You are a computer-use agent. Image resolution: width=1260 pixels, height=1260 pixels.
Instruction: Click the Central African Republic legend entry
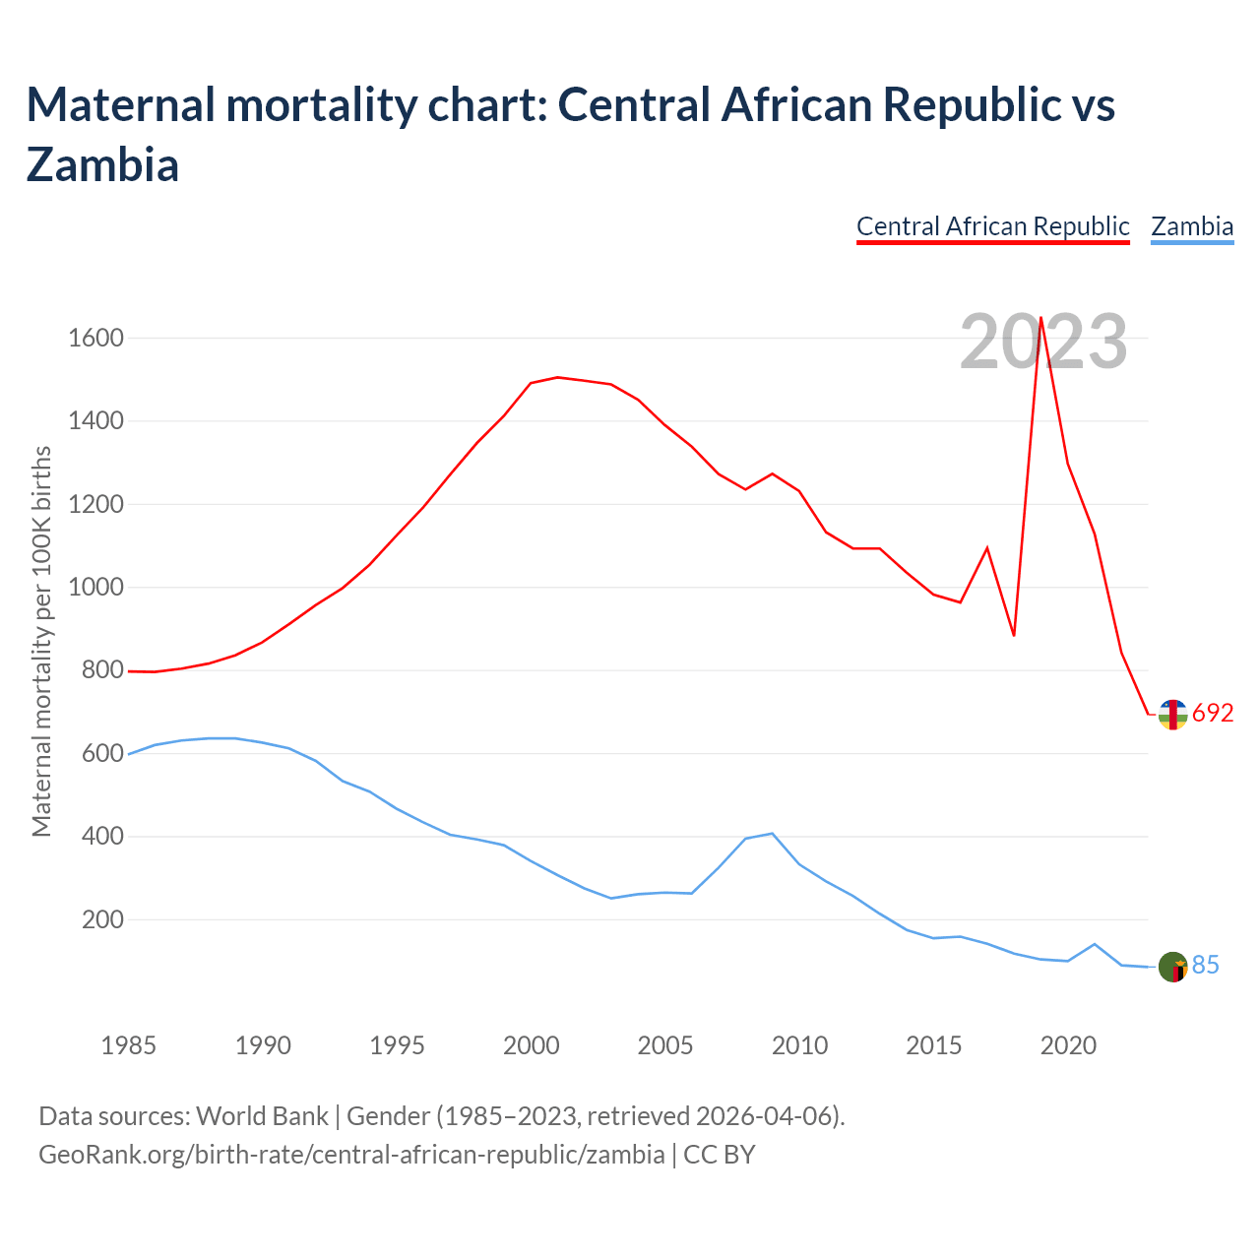pyautogui.click(x=992, y=226)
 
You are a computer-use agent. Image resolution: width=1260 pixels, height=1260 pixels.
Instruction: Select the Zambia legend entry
pyautogui.click(x=1192, y=226)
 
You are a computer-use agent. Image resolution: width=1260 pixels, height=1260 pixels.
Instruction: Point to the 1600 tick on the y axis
pyautogui.click(x=95, y=339)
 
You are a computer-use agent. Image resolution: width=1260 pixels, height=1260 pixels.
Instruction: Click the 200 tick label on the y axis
pyautogui.click(x=102, y=920)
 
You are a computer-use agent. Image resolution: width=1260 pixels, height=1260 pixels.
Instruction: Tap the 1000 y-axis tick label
pyautogui.click(x=95, y=588)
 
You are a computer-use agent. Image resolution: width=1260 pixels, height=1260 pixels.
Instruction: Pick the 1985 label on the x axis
pyautogui.click(x=128, y=1045)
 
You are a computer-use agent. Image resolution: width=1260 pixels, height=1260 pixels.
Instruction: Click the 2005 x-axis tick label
pyautogui.click(x=665, y=1045)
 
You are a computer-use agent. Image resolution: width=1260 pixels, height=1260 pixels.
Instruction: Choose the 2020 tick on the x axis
pyautogui.click(x=1068, y=1045)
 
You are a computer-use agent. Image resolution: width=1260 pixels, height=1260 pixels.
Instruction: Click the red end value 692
pyautogui.click(x=1213, y=714)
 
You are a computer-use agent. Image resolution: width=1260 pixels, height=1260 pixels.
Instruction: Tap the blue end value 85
pyautogui.click(x=1206, y=966)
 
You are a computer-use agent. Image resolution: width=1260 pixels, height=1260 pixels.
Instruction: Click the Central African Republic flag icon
pyautogui.click(x=1172, y=715)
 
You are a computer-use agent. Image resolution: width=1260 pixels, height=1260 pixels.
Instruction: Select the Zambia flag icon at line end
pyautogui.click(x=1172, y=967)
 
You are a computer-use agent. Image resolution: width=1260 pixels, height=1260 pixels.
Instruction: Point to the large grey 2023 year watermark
pyautogui.click(x=1043, y=343)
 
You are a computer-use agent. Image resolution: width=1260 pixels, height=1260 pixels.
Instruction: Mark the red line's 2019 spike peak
pyautogui.click(x=1041, y=317)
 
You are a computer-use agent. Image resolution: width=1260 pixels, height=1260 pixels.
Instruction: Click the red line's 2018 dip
pyautogui.click(x=1014, y=636)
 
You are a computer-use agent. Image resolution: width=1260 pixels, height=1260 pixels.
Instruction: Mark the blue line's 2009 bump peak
pyautogui.click(x=773, y=834)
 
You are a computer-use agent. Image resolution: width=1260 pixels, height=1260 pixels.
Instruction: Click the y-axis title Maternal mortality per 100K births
pyautogui.click(x=41, y=641)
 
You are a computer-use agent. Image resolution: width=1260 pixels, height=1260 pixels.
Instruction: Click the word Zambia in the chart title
pyautogui.click(x=102, y=164)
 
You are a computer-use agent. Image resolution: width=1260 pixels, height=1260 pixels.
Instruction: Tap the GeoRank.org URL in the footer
pyautogui.click(x=351, y=1154)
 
